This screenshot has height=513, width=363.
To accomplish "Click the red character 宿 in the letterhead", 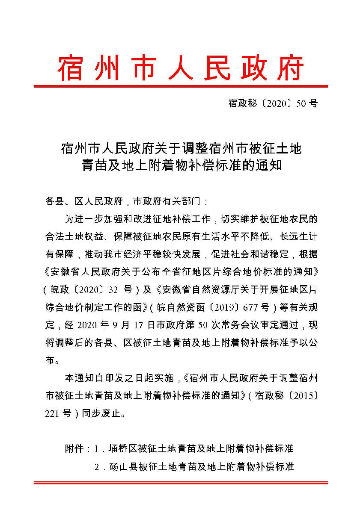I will click(70, 68).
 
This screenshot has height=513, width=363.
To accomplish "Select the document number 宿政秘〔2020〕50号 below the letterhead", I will click(273, 104).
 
